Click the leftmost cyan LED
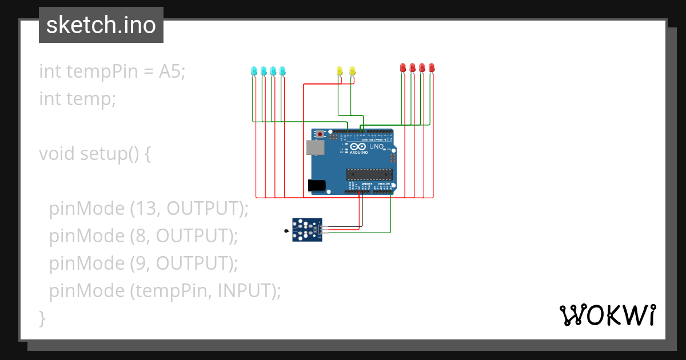tap(254, 71)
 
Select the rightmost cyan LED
tap(282, 71)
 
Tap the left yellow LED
tap(340, 71)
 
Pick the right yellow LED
tap(352, 71)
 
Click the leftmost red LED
tap(403, 67)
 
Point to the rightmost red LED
tap(432, 67)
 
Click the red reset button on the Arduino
tap(321, 134)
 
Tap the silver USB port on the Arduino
tap(315, 148)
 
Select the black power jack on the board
tap(316, 185)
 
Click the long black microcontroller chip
tap(369, 174)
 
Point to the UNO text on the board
tap(376, 147)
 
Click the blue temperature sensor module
tap(308, 230)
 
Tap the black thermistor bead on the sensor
tap(286, 231)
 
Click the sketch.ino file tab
tap(101, 25)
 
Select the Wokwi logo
tap(607, 315)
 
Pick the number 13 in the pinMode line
tap(141, 209)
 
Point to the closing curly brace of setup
tap(42, 318)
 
